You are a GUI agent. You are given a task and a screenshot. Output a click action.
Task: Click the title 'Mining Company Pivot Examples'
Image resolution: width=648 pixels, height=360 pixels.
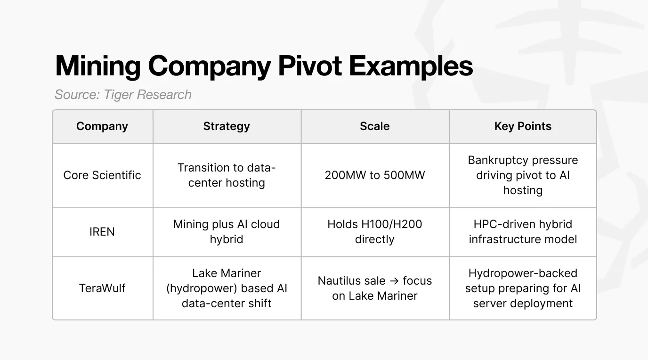[x=264, y=66]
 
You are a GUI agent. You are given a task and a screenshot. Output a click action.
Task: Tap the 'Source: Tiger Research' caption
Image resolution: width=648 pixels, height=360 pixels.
[x=123, y=95]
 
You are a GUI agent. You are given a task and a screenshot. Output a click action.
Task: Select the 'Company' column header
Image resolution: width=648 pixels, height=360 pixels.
[x=102, y=126]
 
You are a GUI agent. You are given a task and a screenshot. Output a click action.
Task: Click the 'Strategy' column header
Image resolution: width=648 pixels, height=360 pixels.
[x=227, y=126]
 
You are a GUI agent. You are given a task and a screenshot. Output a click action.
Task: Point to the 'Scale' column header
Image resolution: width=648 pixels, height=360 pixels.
[x=375, y=126]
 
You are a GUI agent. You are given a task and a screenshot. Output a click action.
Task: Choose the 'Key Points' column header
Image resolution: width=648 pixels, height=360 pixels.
[x=523, y=126]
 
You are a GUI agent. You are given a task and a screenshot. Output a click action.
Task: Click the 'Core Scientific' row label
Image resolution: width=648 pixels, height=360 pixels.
[x=102, y=175]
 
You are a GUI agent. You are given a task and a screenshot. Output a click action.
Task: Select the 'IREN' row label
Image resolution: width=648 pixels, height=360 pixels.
[x=102, y=232]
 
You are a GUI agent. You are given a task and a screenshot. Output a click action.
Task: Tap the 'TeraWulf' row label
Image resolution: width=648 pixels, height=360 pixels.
[x=102, y=288]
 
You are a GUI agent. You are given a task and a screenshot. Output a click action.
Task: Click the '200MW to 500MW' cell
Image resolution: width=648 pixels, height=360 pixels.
[x=375, y=175]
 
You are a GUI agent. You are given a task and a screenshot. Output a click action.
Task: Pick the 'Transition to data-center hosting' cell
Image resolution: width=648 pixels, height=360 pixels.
[x=227, y=175]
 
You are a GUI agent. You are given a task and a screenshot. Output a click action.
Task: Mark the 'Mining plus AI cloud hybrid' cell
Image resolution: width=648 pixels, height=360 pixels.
[x=227, y=232]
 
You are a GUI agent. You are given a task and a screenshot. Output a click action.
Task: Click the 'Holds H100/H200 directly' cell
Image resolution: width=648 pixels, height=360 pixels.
[x=375, y=232]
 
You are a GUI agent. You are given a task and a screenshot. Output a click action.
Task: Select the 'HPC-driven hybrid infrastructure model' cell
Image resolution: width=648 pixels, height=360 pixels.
[x=523, y=232]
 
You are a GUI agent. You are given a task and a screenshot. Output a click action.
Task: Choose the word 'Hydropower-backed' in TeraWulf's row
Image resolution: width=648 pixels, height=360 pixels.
[x=523, y=273]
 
